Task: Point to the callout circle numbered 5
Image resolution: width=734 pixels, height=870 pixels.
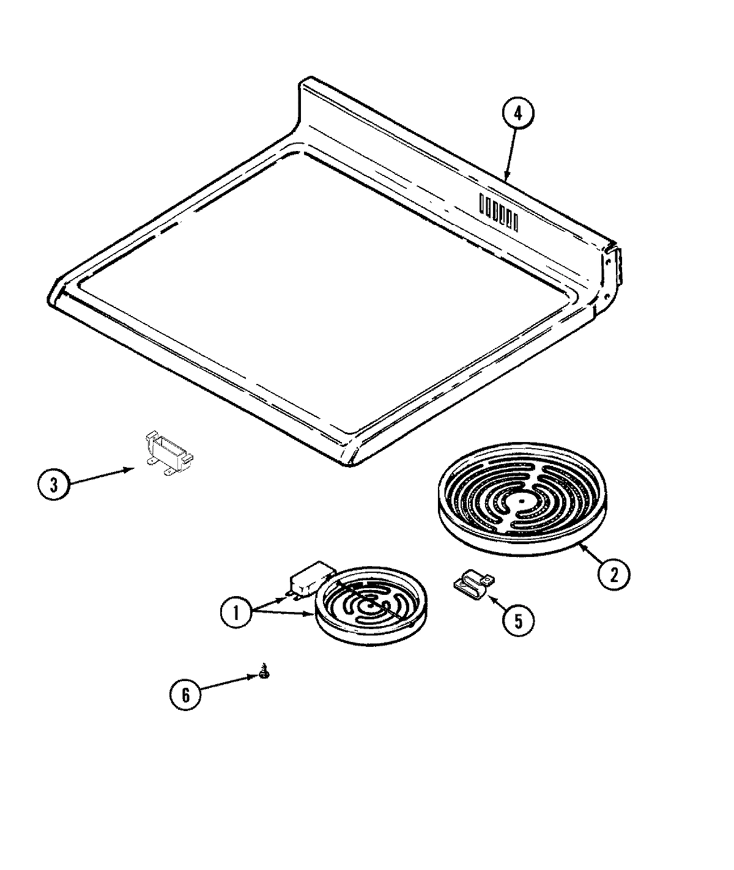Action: click(517, 621)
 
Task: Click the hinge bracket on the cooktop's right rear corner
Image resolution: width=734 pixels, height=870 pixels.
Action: click(611, 269)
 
